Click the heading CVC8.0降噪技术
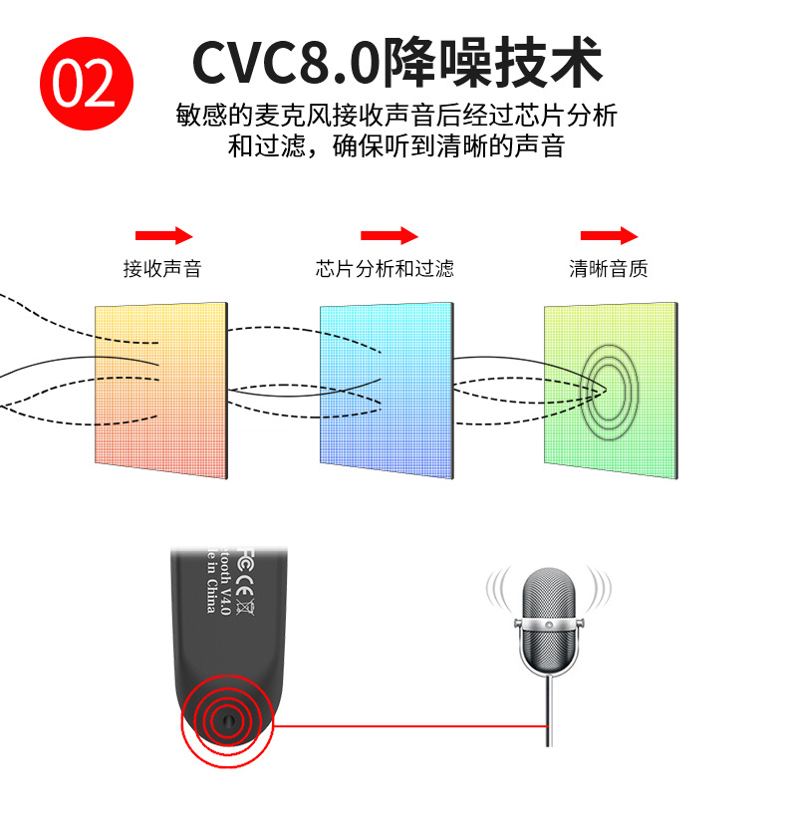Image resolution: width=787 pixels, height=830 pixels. pyautogui.click(x=396, y=62)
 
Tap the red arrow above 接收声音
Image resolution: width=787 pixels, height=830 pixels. pyautogui.click(x=163, y=236)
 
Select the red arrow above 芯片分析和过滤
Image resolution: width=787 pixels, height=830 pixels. pyautogui.click(x=389, y=236)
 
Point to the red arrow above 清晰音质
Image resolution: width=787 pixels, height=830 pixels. pyautogui.click(x=609, y=236)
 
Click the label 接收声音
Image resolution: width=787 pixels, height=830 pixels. pyautogui.click(x=162, y=269)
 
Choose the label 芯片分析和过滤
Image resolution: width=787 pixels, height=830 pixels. pyautogui.click(x=385, y=269)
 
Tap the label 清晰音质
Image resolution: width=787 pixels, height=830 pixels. pyautogui.click(x=609, y=269)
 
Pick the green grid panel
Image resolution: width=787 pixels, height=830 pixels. pyautogui.click(x=611, y=385)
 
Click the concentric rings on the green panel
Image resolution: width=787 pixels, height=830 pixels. pyautogui.click(x=610, y=393)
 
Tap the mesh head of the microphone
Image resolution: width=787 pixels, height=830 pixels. pyautogui.click(x=546, y=595)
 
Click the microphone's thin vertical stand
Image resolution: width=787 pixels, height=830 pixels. pyautogui.click(x=547, y=707)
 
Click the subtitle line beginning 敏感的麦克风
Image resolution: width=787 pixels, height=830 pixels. pyautogui.click(x=396, y=116)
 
